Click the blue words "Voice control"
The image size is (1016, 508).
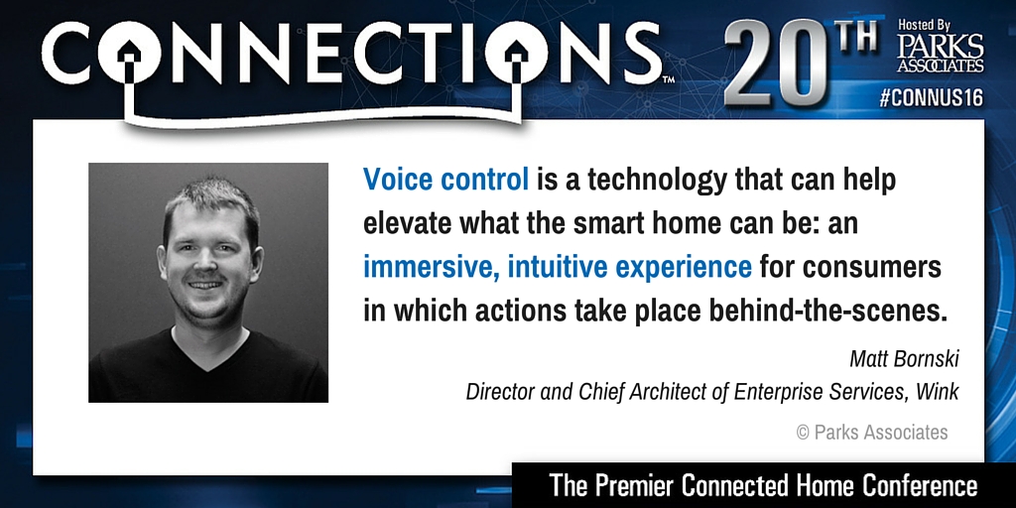[x=445, y=180]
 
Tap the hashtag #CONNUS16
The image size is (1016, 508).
[x=931, y=98]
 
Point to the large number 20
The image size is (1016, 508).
[x=775, y=63]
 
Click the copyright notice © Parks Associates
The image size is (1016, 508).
[x=872, y=433]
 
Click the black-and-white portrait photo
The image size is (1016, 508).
[x=208, y=283]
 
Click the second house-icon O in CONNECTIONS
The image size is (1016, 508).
[x=516, y=53]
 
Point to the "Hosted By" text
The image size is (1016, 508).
[x=923, y=25]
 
